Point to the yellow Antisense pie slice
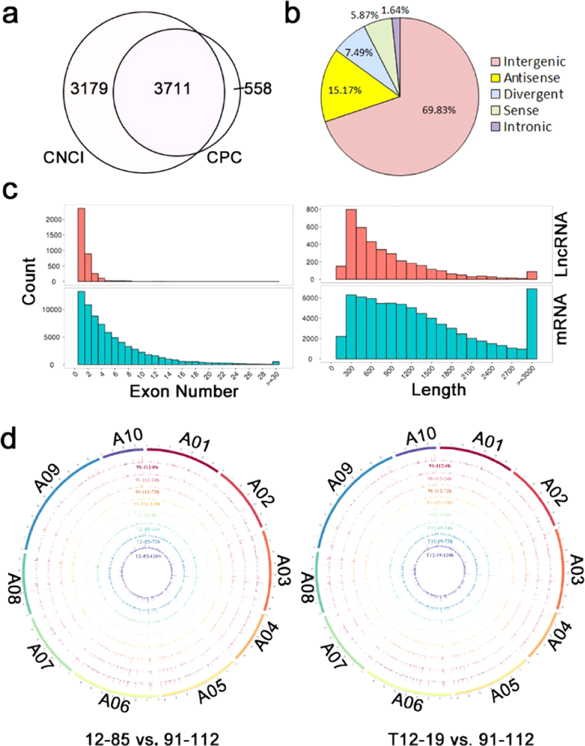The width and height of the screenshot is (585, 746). point(347,81)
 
